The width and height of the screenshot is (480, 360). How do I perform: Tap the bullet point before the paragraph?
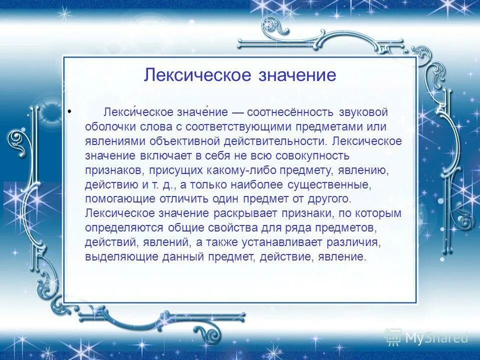point(69,110)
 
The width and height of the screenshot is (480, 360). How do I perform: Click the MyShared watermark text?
point(436,338)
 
